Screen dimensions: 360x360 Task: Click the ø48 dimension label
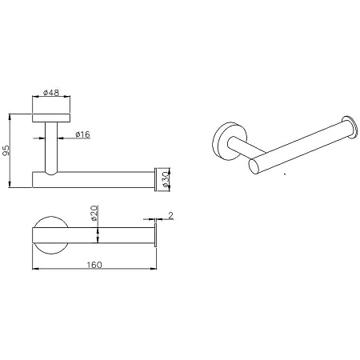click(51, 93)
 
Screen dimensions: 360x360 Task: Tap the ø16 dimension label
click(83, 134)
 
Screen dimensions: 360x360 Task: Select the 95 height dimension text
click(6, 150)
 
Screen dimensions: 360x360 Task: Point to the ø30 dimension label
click(166, 179)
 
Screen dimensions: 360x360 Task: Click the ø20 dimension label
click(94, 214)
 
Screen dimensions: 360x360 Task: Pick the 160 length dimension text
click(94, 265)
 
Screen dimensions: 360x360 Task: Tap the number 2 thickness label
click(170, 215)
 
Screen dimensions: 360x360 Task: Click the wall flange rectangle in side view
click(51, 118)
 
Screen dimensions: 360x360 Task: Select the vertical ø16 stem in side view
click(51, 148)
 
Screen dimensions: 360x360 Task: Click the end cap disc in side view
click(155, 179)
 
